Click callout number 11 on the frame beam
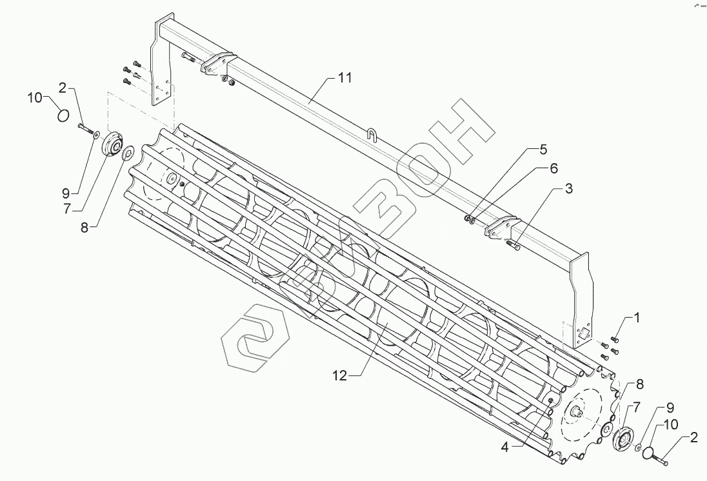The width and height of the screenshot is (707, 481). click(x=345, y=79)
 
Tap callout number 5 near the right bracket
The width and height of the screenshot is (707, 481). click(x=543, y=150)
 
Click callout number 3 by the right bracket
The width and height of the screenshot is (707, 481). click(x=568, y=189)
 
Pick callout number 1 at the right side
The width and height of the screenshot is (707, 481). click(x=637, y=318)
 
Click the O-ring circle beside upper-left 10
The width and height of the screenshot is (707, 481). click(x=63, y=115)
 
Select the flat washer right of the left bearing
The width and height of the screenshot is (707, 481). click(x=128, y=152)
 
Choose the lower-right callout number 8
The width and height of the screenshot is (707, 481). click(x=639, y=385)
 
